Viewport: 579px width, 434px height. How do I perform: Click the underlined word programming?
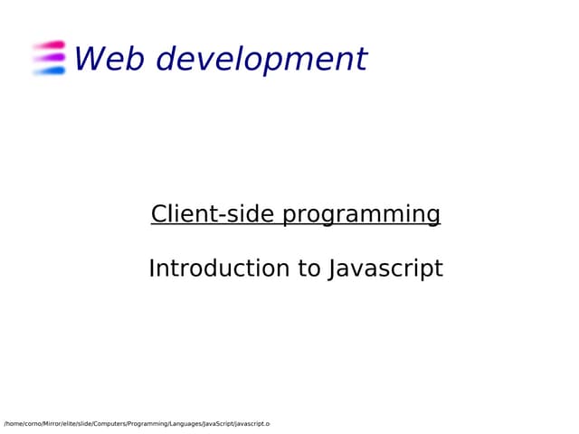(361, 215)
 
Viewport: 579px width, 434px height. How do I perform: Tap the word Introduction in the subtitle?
(210, 269)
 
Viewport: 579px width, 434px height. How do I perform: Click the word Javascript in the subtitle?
(385, 269)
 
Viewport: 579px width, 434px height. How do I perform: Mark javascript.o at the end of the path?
(252, 424)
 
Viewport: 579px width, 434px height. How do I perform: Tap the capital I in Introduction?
(152, 269)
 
